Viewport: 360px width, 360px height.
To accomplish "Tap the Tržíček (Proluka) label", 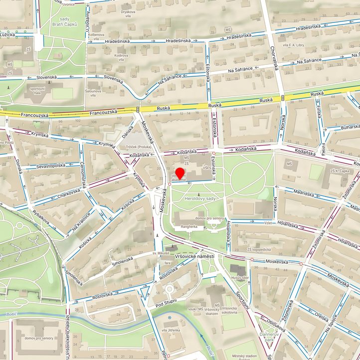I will [x=138, y=147].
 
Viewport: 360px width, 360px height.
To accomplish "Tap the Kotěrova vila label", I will [x=122, y=58].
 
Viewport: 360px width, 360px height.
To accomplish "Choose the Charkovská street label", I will [x=68, y=193].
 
